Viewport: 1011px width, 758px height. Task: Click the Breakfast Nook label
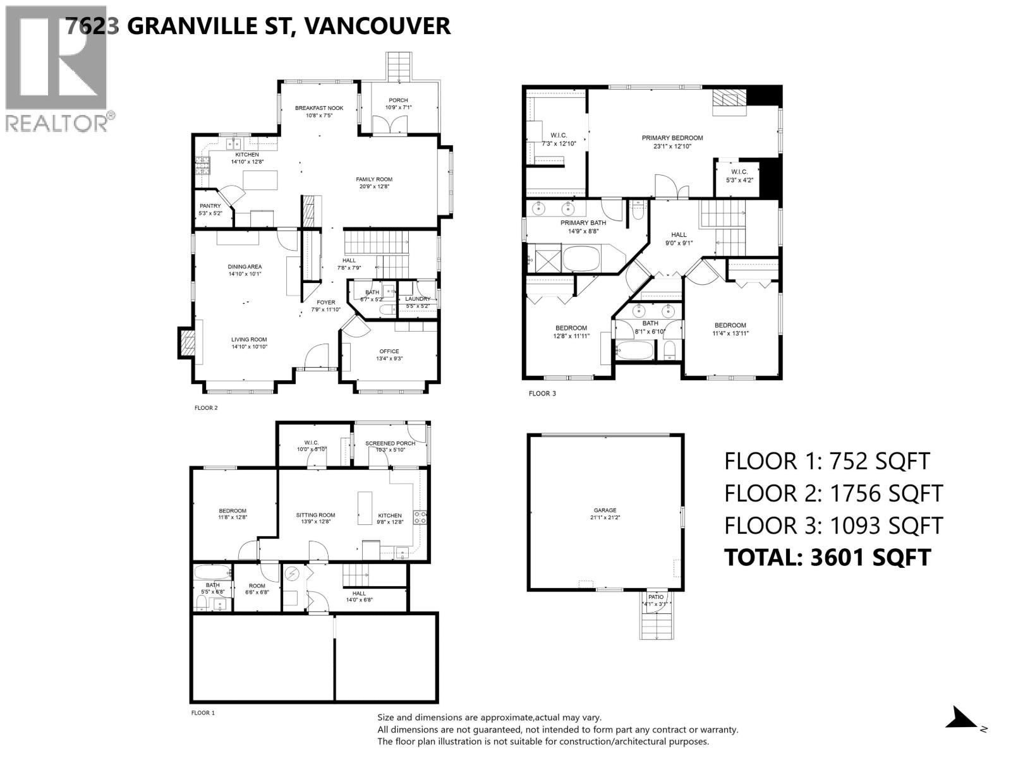pos(318,108)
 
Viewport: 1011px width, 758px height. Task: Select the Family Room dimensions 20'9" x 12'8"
pos(374,187)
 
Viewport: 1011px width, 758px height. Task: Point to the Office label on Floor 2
pos(389,351)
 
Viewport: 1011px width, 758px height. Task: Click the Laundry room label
pos(418,299)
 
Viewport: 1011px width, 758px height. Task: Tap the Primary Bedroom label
pos(672,138)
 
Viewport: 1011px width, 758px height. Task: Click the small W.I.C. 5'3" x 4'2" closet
pos(739,176)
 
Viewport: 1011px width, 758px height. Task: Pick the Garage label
pos(604,510)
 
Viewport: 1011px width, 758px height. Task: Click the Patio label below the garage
pos(655,596)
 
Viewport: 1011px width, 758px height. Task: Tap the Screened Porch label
pos(390,443)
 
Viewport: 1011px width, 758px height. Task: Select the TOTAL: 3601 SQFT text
pos(827,557)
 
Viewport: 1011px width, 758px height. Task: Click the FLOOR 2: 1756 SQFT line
pos(833,493)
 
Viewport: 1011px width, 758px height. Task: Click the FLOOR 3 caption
pos(542,394)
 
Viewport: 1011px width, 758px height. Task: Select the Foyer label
pos(326,303)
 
